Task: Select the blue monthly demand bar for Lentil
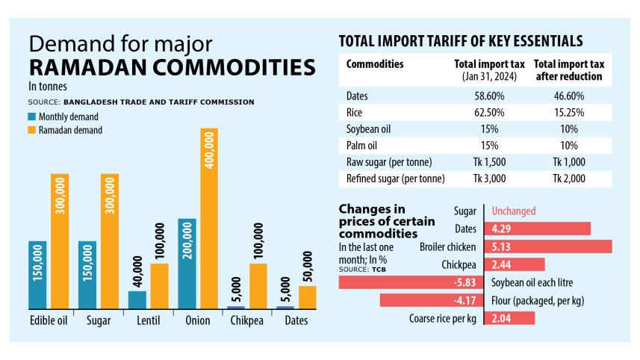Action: tap(137, 300)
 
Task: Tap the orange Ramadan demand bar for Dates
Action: tap(307, 297)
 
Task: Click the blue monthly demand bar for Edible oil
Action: tap(38, 275)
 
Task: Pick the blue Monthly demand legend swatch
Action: tap(32, 117)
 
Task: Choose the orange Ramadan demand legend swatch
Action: tap(32, 130)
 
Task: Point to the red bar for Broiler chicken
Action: tap(548, 246)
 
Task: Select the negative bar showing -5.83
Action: tap(411, 282)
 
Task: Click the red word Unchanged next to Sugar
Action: tap(515, 211)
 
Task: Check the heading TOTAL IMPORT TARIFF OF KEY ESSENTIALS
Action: tap(461, 40)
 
